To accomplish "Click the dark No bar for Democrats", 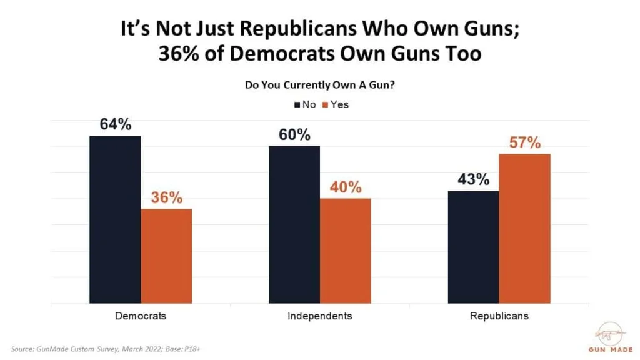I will [115, 219].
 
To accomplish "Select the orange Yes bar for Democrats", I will [166, 256].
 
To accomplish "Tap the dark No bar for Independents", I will [294, 225].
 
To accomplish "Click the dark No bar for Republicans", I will [473, 247].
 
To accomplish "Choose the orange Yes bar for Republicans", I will [524, 229].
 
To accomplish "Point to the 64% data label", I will [116, 124].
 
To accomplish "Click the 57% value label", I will [524, 142].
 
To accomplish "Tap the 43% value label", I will [473, 179].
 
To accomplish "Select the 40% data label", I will [346, 187].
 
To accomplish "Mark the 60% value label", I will [294, 134].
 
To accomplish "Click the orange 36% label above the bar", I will [166, 197].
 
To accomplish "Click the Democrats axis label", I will [141, 316].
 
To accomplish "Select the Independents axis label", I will [319, 316].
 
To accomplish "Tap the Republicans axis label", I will [499, 316].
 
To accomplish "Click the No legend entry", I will [305, 104].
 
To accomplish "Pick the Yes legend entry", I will [336, 104].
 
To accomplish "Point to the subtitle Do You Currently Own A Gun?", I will [319, 86].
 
